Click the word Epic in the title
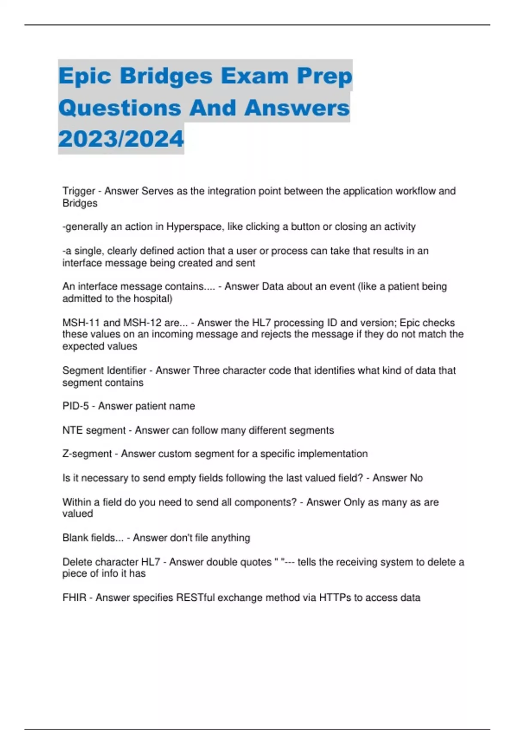(x=85, y=76)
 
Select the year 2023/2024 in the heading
(x=121, y=139)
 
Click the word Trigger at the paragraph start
(x=79, y=191)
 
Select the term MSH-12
(x=144, y=323)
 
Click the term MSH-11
(x=81, y=323)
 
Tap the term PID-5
(x=76, y=406)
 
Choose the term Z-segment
(x=87, y=454)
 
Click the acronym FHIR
(x=74, y=598)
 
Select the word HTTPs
(x=335, y=598)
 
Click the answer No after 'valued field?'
(x=416, y=478)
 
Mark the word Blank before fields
(x=75, y=538)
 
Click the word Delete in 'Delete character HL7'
(x=77, y=562)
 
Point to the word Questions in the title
(x=120, y=108)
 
